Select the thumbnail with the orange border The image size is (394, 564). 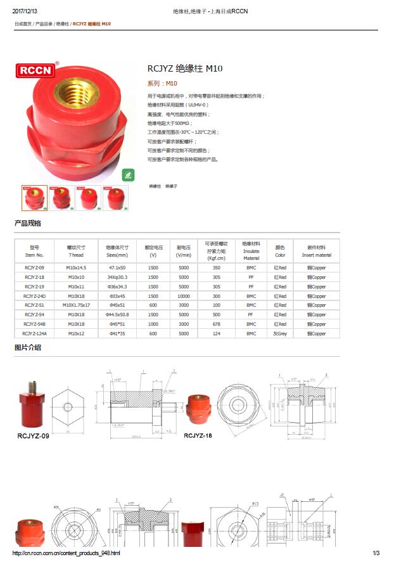34,198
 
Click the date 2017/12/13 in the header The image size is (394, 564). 25,11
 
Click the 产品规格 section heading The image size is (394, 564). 28,224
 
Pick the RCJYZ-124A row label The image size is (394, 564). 34,333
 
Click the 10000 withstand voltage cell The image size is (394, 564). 184,296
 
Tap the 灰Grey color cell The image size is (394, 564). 280,333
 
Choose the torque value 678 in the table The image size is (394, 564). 217,324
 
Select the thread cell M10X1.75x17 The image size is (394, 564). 76,305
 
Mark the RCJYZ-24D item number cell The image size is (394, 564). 34,296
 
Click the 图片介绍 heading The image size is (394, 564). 28,347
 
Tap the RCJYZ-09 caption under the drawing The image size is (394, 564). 33,436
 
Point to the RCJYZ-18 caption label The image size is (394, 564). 198,436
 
